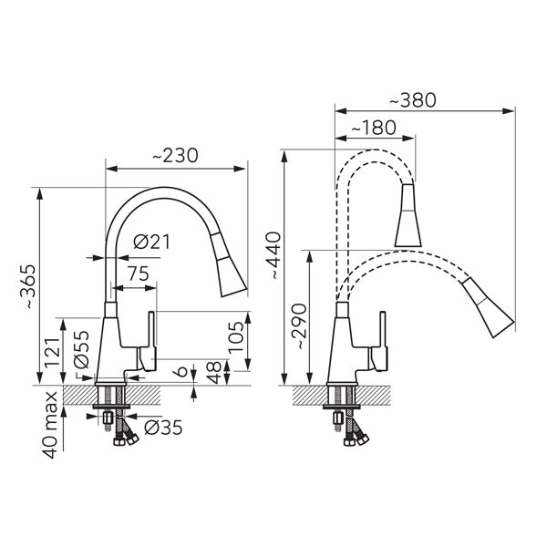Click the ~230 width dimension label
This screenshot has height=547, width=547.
[175, 156]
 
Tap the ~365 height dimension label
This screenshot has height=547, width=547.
[28, 287]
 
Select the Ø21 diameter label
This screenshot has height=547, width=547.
[151, 242]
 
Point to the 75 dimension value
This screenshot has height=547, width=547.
[139, 273]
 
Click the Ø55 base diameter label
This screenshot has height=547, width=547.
[82, 349]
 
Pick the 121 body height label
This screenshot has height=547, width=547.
[52, 351]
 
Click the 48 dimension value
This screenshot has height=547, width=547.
[213, 373]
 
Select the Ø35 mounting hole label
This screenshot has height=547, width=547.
[163, 427]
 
